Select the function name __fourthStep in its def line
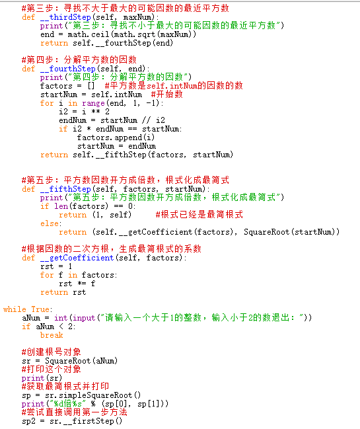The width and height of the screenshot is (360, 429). coord(68,69)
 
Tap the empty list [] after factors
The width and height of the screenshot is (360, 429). coord(91,86)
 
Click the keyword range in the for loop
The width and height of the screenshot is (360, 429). coord(93,103)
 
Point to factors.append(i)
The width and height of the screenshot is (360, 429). coord(116,137)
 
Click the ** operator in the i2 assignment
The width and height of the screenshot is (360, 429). coord(96,112)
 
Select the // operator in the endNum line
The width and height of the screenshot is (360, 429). coord(147,120)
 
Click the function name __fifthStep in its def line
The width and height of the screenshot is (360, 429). coord(65,189)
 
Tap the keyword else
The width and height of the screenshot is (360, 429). coord(50,223)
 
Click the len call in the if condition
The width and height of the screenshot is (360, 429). coord(61,206)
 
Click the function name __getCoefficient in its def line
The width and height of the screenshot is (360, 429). coord(77,258)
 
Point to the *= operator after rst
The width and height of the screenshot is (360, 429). coord(82,284)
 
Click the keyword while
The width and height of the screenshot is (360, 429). coord(15,309)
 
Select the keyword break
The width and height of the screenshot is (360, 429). coord(52,335)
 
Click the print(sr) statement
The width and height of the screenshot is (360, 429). coord(42,378)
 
